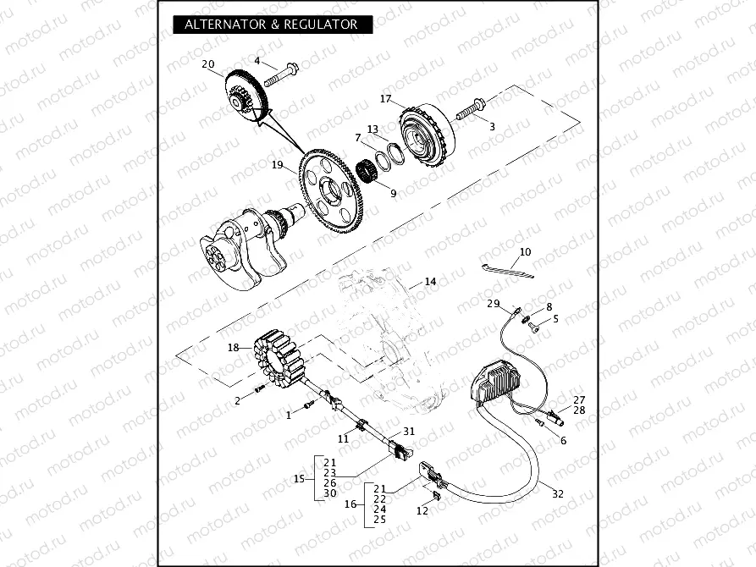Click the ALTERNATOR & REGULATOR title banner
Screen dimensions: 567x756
(272, 25)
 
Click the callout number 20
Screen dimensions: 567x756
(208, 64)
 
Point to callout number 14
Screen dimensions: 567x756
(430, 281)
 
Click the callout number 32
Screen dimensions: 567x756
(557, 493)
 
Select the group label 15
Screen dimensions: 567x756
(299, 479)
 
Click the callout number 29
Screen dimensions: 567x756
(494, 303)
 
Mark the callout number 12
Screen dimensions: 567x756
(422, 510)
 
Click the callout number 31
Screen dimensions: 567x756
(409, 431)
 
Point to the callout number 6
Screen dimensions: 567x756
(563, 441)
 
